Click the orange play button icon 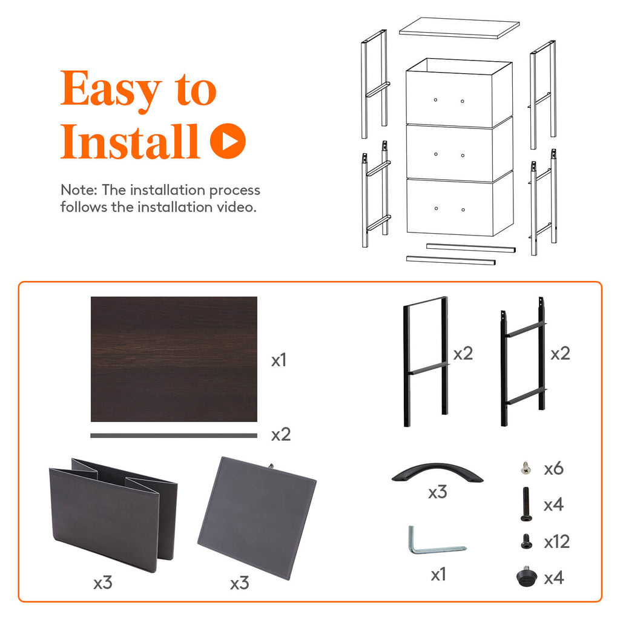(x=228, y=141)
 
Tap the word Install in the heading (x=130, y=142)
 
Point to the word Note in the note (x=78, y=190)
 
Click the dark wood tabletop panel (x=174, y=358)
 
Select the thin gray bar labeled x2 (x=174, y=435)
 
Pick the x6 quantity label (x=553, y=468)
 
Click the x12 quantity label (x=556, y=541)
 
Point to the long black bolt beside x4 (x=524, y=504)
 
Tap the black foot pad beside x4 (x=524, y=576)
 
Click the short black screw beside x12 (x=524, y=541)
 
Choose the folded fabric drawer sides (x=112, y=515)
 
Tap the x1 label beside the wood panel (x=279, y=361)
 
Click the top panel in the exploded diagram (x=460, y=28)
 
